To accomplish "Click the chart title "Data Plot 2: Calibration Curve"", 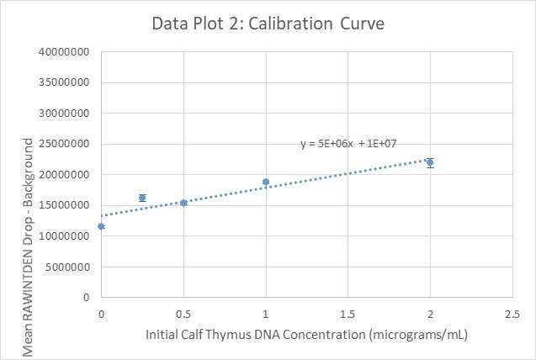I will (x=268, y=24).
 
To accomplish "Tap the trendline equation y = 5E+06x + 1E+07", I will (x=348, y=144).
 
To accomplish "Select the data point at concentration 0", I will (x=101, y=226).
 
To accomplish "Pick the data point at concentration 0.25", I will (x=142, y=198).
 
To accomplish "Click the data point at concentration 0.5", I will (x=183, y=203).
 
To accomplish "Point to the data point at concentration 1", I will (x=266, y=182).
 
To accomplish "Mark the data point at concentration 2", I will (x=430, y=162).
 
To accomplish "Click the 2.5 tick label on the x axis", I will (x=512, y=313).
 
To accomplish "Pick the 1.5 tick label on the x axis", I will (x=348, y=313).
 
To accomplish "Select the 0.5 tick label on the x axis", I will (x=183, y=313).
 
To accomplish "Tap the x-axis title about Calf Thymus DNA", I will (x=306, y=334).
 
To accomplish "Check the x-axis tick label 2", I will (x=430, y=313).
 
